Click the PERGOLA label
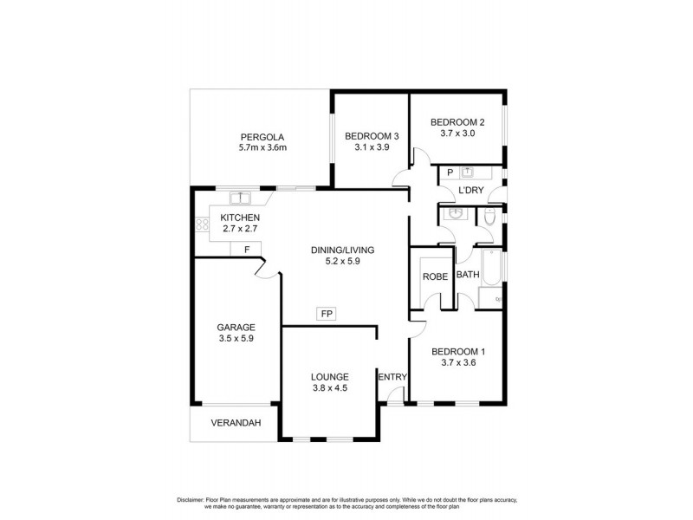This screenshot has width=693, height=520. click(x=262, y=136)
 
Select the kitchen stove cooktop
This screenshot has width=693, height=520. click(x=203, y=225)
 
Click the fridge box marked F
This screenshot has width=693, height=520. click(x=247, y=250)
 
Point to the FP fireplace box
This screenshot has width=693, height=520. click(x=326, y=314)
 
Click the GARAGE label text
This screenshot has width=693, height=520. click(x=235, y=328)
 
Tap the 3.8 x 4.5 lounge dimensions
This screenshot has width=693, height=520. click(x=329, y=388)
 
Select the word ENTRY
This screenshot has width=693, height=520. click(x=392, y=377)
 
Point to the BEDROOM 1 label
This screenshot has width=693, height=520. click(x=458, y=351)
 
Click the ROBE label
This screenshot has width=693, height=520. click(x=433, y=276)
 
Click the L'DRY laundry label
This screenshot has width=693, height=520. click(x=470, y=190)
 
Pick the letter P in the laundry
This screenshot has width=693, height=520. click(x=450, y=172)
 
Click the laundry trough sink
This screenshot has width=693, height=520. click(x=467, y=172)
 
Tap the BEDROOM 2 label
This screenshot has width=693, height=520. click(x=457, y=122)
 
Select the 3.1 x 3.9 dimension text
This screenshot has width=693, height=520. click(x=372, y=148)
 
